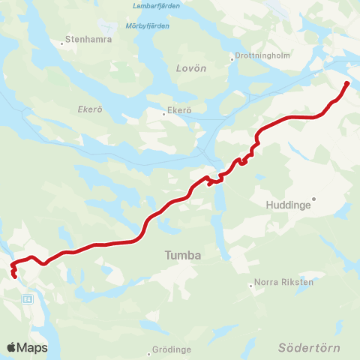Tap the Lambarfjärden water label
157,7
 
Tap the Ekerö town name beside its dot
180,110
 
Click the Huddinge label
289,203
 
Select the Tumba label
183,256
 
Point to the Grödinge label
172,349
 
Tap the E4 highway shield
28,298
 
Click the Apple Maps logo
27,347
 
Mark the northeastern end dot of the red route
346,83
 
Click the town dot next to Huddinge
315,199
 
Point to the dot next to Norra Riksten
251,285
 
